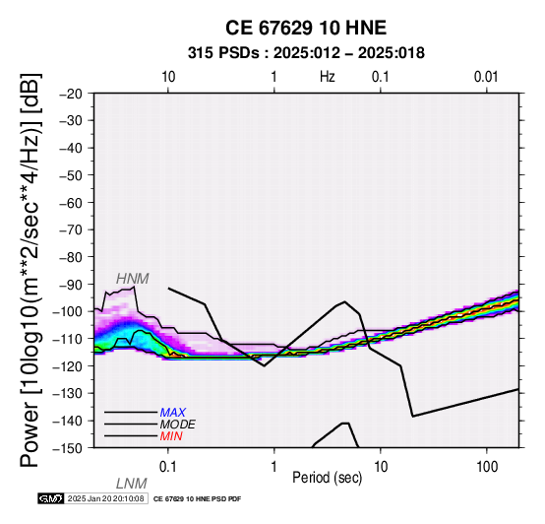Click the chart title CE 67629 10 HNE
coord(306,28)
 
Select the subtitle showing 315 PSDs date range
coord(306,53)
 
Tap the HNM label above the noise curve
coord(133,279)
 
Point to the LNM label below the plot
coord(132,484)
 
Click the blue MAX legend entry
coord(172,413)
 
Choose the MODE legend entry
coord(178,425)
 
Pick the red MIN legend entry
coord(171,436)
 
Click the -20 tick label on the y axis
coord(71,94)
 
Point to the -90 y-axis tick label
coord(71,285)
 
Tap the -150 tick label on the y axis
coord(68,448)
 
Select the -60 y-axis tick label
coord(71,203)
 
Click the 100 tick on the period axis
coord(487,467)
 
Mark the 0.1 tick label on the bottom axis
coord(168,467)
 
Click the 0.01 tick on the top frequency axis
coord(486,77)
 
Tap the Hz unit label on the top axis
coord(328,77)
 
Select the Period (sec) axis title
coord(328,478)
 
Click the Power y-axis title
coord(30,270)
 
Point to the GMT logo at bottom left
coord(51,498)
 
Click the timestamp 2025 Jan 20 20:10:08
coord(105,498)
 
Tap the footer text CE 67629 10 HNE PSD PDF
coord(197,499)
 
